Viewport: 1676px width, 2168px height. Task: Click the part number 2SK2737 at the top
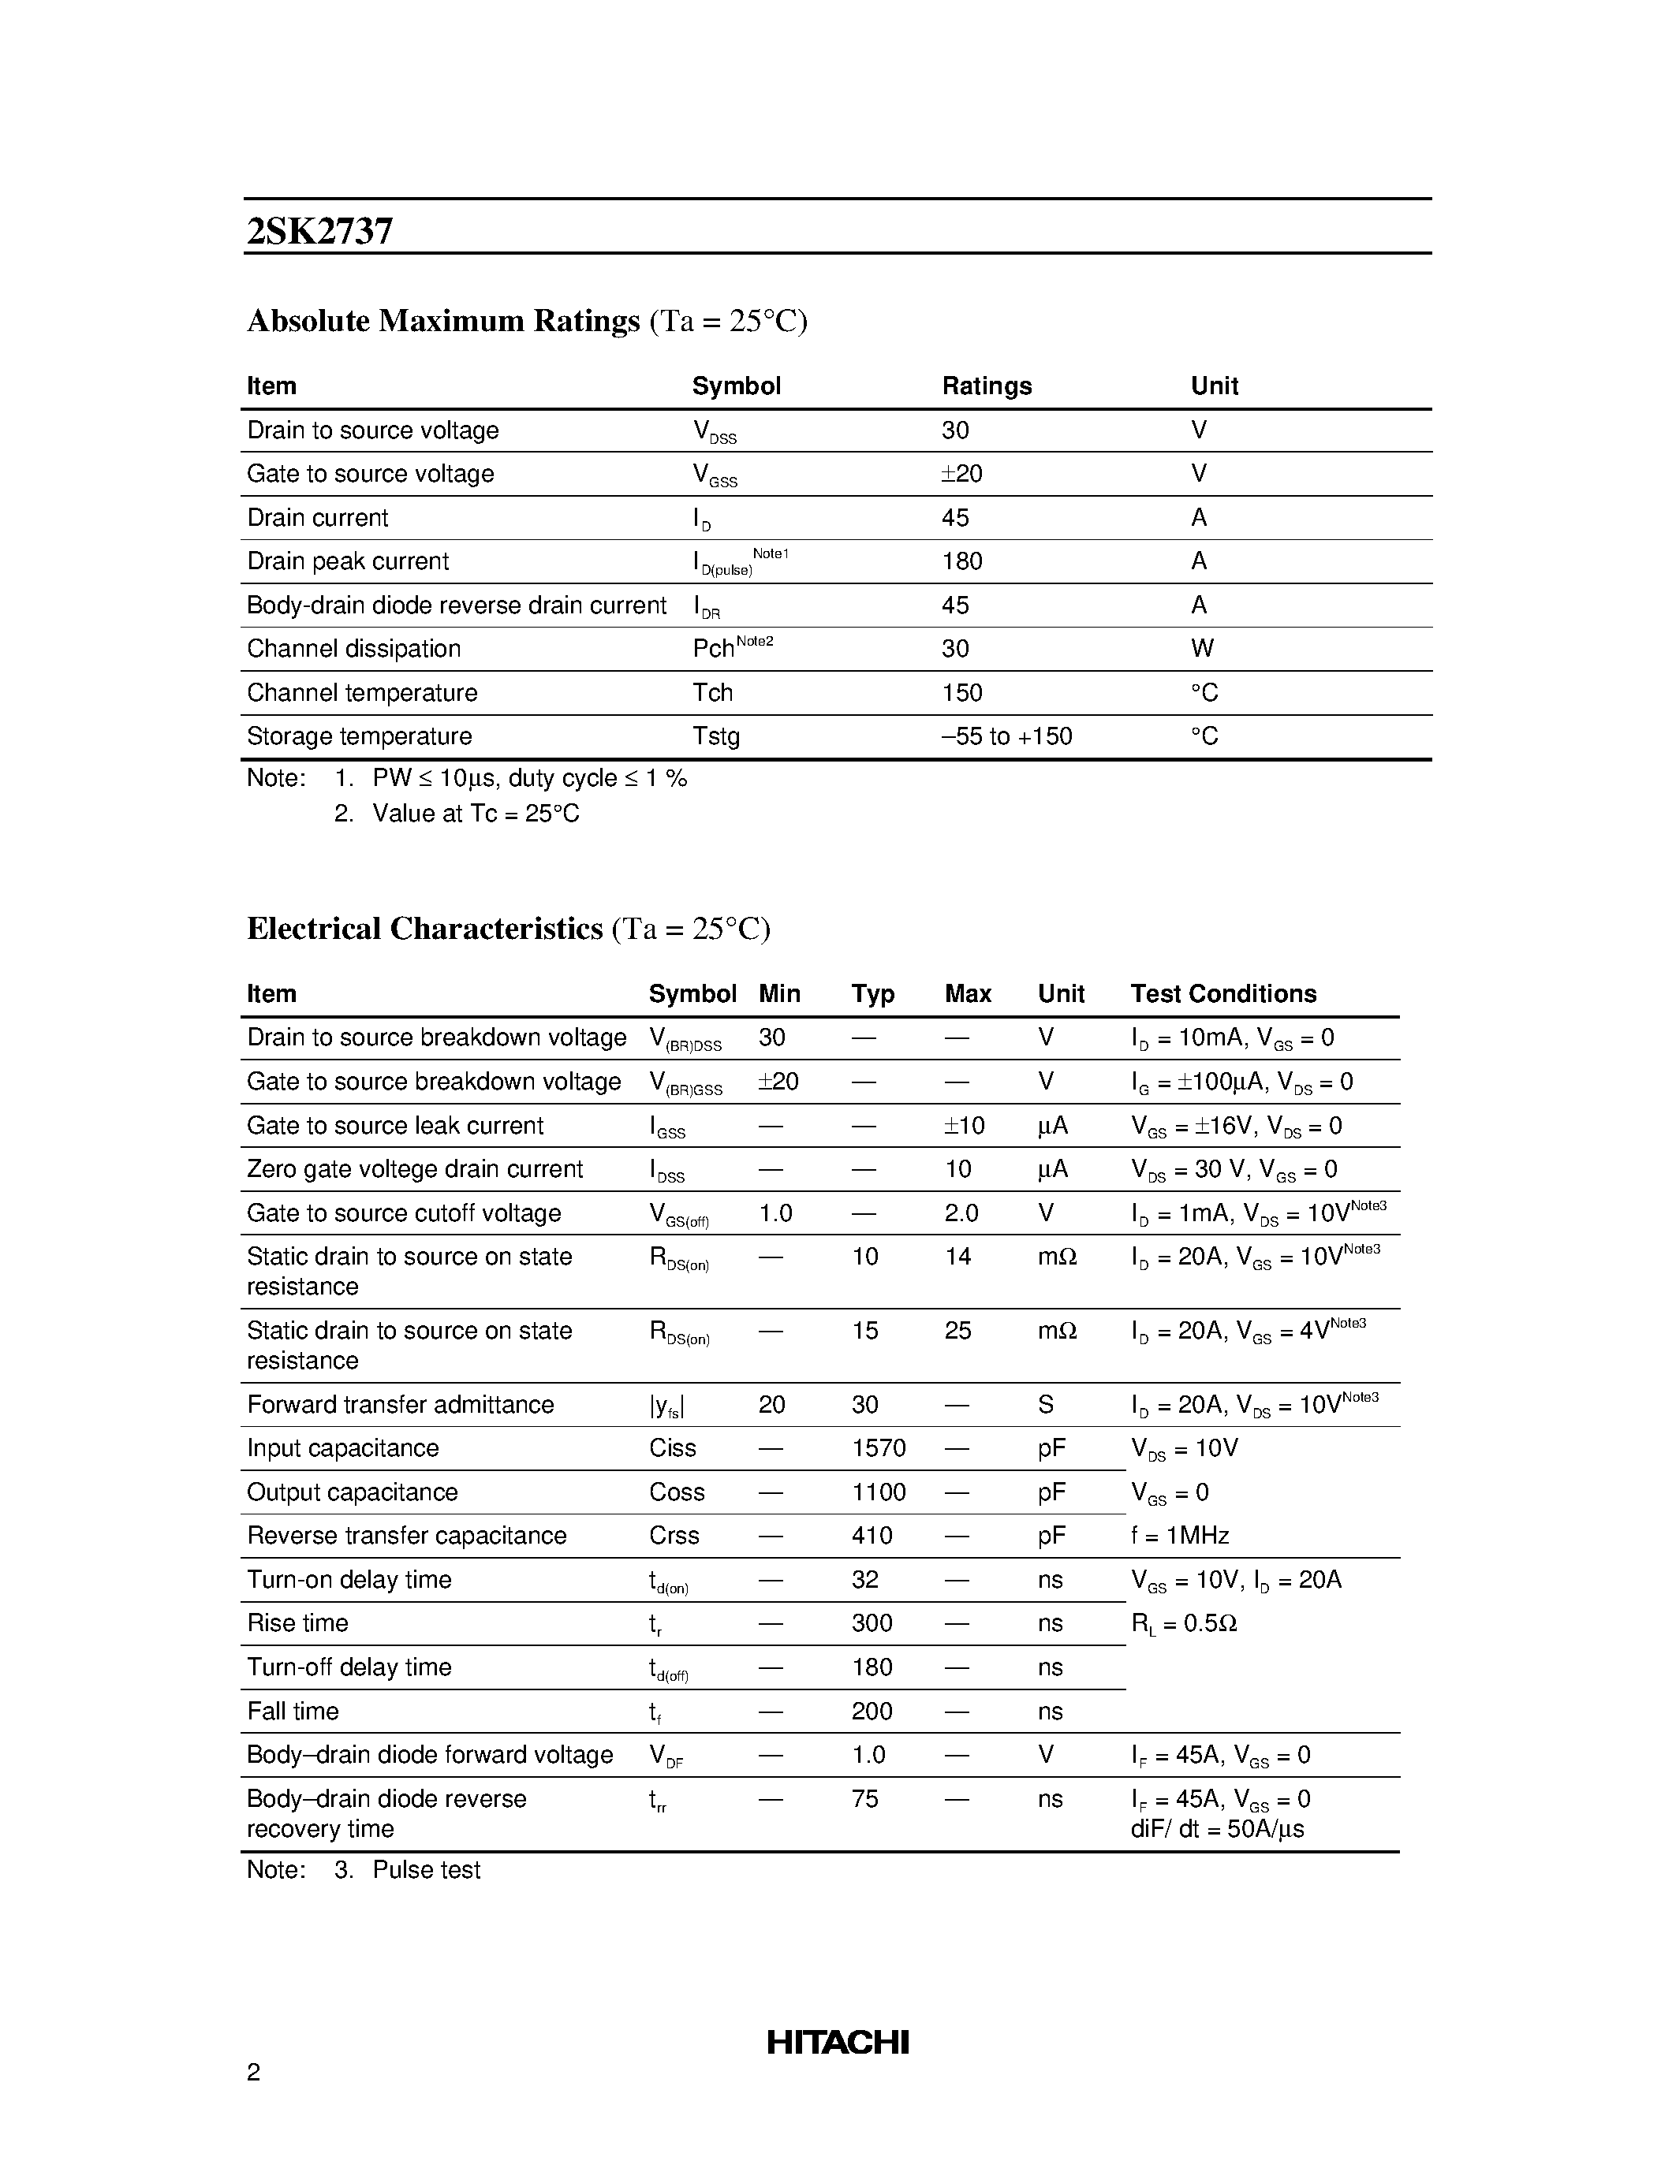click(319, 230)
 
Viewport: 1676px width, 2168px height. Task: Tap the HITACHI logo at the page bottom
click(837, 2043)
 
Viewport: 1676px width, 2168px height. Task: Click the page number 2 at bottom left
click(253, 2072)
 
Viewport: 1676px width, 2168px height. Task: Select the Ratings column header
click(986, 386)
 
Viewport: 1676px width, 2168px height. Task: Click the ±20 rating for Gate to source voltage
click(961, 474)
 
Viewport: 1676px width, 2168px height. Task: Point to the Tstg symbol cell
click(716, 736)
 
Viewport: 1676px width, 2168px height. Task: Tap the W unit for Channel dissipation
click(1201, 648)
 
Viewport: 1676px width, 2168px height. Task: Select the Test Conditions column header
click(1222, 993)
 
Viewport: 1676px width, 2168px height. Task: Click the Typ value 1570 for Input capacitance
click(878, 1448)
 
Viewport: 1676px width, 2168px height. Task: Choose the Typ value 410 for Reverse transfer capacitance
click(872, 1536)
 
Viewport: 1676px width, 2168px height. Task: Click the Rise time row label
click(298, 1623)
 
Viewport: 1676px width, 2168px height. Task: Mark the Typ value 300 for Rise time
click(872, 1623)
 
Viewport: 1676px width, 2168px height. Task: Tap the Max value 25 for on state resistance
click(957, 1330)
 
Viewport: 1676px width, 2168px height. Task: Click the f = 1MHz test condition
click(1180, 1536)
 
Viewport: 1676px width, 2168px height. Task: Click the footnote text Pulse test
click(426, 1870)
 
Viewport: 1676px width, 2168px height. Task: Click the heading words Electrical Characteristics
click(424, 928)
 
